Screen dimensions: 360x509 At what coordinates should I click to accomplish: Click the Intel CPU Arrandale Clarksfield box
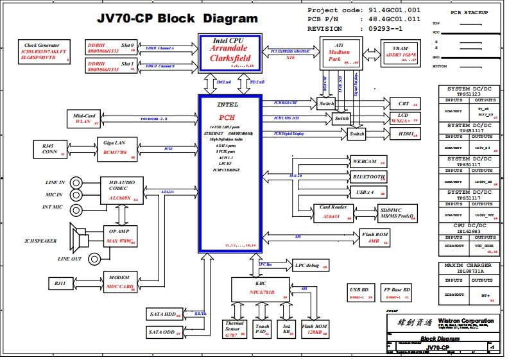point(229,53)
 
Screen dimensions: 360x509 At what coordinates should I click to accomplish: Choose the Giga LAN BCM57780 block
point(116,148)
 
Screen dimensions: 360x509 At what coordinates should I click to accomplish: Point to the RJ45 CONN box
point(49,150)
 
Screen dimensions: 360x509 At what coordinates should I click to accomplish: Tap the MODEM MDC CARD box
point(121,282)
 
